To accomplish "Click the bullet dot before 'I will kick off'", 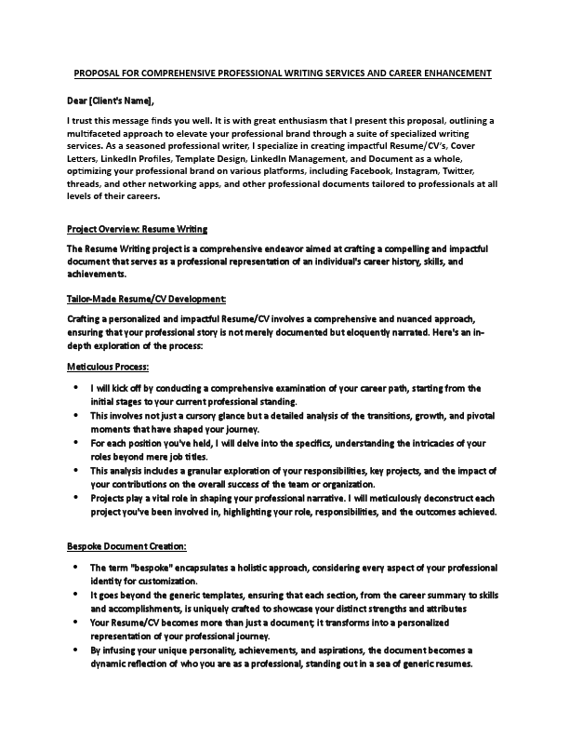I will point(74,388).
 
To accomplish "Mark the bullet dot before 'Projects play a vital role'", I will point(74,499).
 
